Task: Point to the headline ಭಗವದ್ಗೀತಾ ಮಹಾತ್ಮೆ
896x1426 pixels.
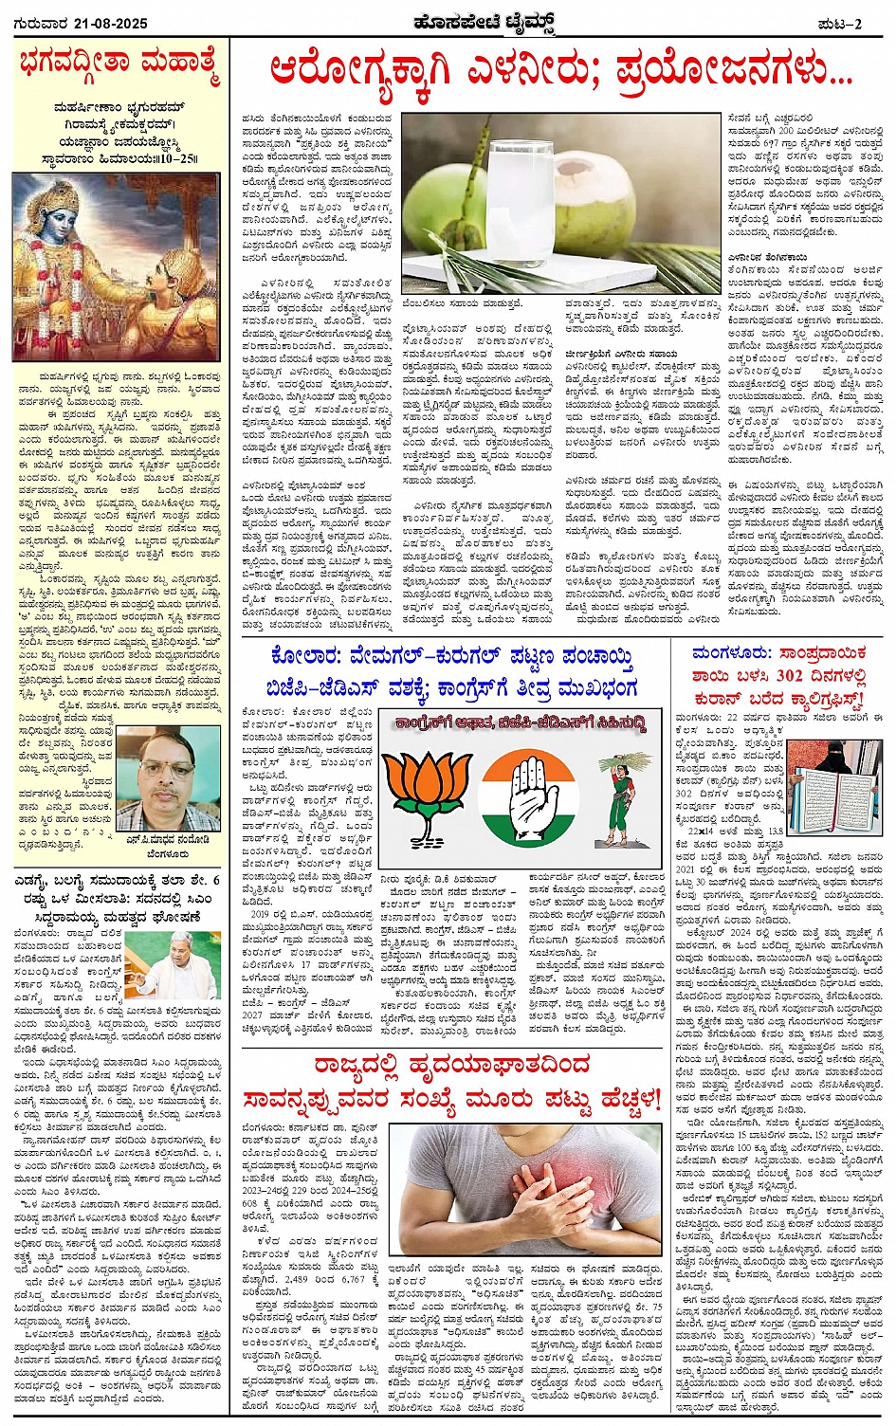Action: click(119, 66)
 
